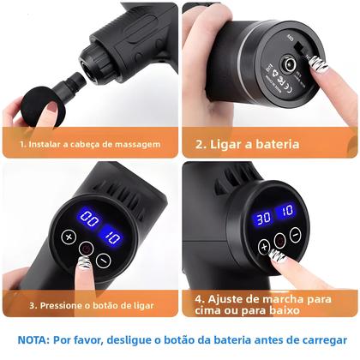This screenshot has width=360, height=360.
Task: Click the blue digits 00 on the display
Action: coord(88,217)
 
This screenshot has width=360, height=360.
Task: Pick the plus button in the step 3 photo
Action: coord(69,237)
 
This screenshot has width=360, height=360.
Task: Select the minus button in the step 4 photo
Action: coord(294,234)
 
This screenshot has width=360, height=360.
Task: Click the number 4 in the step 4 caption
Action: coord(199,299)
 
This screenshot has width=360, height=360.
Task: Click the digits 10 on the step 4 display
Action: coord(287,212)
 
